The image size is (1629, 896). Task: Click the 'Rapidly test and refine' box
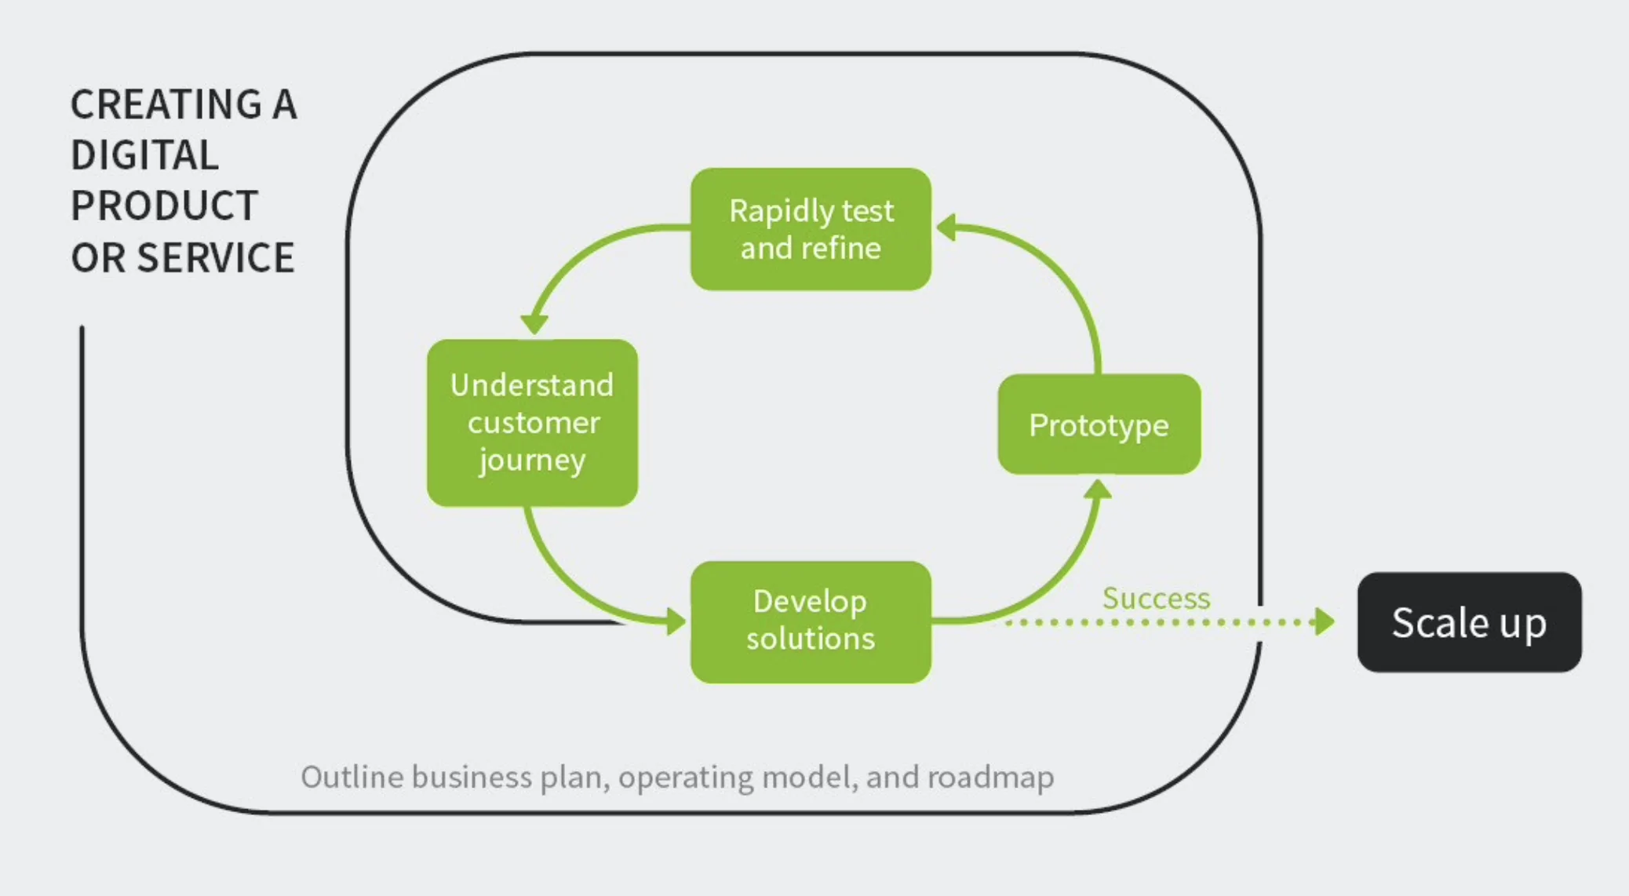point(811,229)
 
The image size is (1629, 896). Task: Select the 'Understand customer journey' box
point(532,422)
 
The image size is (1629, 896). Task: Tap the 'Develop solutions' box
point(811,621)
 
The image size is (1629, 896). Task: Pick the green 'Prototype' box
point(1099,424)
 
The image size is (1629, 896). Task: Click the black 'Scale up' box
point(1469,622)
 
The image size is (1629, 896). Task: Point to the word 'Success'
point(1156,598)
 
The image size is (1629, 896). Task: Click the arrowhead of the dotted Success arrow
point(1325,622)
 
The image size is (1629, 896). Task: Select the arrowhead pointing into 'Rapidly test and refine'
point(946,228)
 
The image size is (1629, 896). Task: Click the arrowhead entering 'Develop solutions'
point(676,621)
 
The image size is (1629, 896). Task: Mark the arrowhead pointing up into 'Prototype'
point(1098,490)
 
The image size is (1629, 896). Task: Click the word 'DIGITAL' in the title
point(144,155)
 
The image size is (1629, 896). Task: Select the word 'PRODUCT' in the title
point(164,206)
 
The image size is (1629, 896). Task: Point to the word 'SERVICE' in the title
point(216,257)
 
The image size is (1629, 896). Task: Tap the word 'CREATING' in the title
point(166,104)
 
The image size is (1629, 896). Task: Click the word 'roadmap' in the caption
point(990,777)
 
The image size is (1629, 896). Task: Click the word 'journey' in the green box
point(532,461)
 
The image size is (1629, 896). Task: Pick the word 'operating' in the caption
point(686,778)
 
